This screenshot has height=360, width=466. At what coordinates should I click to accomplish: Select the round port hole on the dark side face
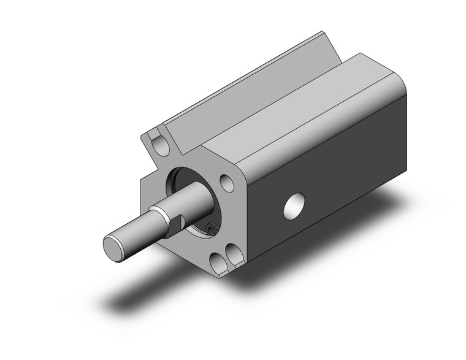pyautogui.click(x=296, y=205)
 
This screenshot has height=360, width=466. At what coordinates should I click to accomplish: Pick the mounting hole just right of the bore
pyautogui.click(x=226, y=182)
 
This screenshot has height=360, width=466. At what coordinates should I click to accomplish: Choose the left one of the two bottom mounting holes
pyautogui.click(x=218, y=263)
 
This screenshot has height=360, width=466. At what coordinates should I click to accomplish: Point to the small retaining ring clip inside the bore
pyautogui.click(x=211, y=228)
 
